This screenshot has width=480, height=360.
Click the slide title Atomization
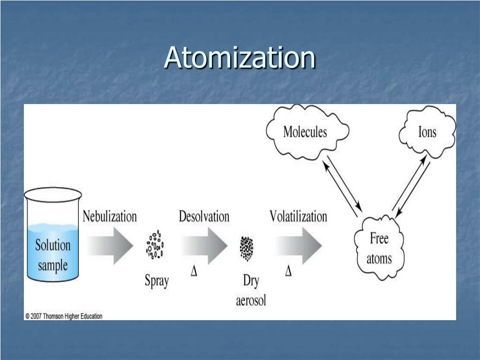[x=240, y=58]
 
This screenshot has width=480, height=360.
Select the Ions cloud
[x=427, y=132]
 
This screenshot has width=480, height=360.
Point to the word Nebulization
[x=110, y=217]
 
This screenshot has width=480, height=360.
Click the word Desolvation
[x=204, y=217]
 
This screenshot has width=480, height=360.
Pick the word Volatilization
[x=298, y=217]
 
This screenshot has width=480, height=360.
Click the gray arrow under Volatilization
[x=299, y=245]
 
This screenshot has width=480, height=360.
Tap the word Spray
[x=157, y=281]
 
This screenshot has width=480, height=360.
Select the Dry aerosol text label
[x=251, y=291]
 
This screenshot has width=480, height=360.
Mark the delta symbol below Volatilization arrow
[x=288, y=271]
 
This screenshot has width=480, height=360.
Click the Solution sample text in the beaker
[x=53, y=255]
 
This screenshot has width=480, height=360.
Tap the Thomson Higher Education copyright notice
[x=63, y=316]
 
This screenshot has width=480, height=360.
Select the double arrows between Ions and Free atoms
[x=411, y=187]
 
